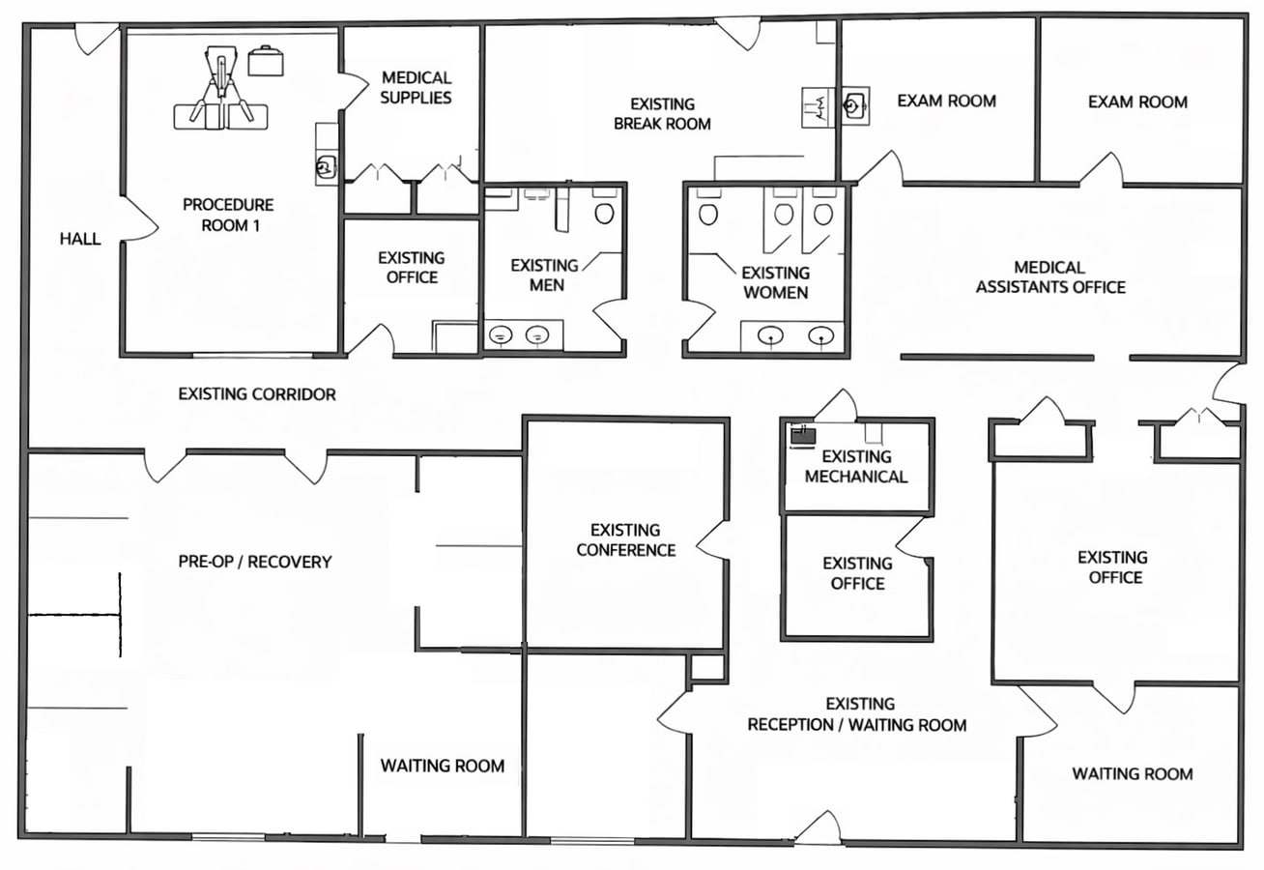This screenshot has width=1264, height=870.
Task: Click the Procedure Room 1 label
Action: tap(228, 215)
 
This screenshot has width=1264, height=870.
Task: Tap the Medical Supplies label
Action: tap(416, 87)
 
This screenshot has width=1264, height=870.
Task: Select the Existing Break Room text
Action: tap(662, 113)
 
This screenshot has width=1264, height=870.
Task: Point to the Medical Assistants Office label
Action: tap(1049, 276)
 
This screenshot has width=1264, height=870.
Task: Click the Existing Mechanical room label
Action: tap(856, 466)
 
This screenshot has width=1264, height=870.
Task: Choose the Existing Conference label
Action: tap(625, 539)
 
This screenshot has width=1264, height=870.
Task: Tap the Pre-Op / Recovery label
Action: tap(254, 562)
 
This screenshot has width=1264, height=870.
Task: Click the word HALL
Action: tap(80, 239)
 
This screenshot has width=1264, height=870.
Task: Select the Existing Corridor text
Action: tap(257, 394)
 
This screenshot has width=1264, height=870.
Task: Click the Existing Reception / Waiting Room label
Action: tap(856, 714)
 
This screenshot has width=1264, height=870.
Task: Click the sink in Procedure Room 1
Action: tap(326, 167)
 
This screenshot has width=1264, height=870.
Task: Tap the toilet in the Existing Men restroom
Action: tap(605, 212)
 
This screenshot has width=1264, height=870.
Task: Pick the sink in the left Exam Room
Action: tap(854, 103)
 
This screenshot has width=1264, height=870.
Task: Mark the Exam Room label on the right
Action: tap(1137, 101)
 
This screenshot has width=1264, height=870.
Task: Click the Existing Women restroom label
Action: tap(775, 282)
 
